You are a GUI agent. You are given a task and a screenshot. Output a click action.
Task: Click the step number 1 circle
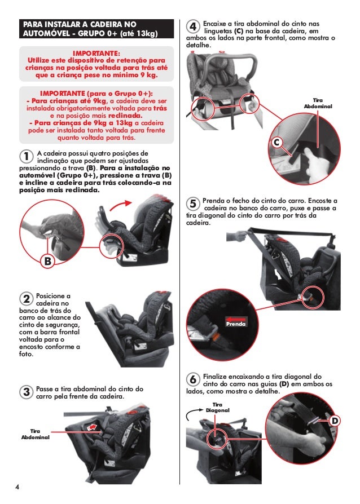(27, 156)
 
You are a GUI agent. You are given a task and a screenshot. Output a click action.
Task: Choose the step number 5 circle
(193, 204)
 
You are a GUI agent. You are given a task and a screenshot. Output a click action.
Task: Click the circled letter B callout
(47, 261)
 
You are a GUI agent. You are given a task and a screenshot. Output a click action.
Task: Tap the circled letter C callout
(277, 143)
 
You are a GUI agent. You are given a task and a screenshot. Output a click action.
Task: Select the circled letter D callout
(334, 422)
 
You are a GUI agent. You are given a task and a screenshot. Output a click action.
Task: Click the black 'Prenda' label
(235, 324)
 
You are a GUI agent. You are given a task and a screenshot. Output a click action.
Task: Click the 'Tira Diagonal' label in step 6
(217, 408)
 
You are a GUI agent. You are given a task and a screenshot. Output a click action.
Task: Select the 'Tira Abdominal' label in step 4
(318, 103)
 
